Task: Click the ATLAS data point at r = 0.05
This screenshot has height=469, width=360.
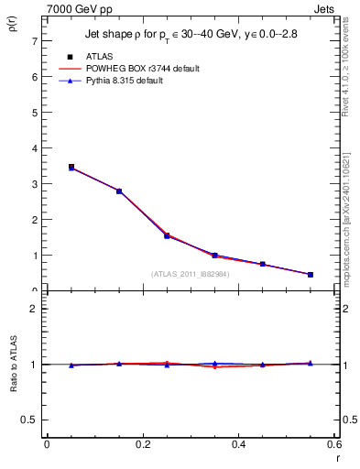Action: pos(71,168)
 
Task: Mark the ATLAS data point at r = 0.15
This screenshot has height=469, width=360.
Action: pos(119,191)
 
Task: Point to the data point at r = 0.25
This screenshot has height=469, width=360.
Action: pos(167,235)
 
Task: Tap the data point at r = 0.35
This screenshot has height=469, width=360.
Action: pos(214,256)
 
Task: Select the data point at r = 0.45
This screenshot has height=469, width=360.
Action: pos(262,264)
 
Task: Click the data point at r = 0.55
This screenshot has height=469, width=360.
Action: pos(310,275)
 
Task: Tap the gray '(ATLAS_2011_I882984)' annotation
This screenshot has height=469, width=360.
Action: pos(190,274)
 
